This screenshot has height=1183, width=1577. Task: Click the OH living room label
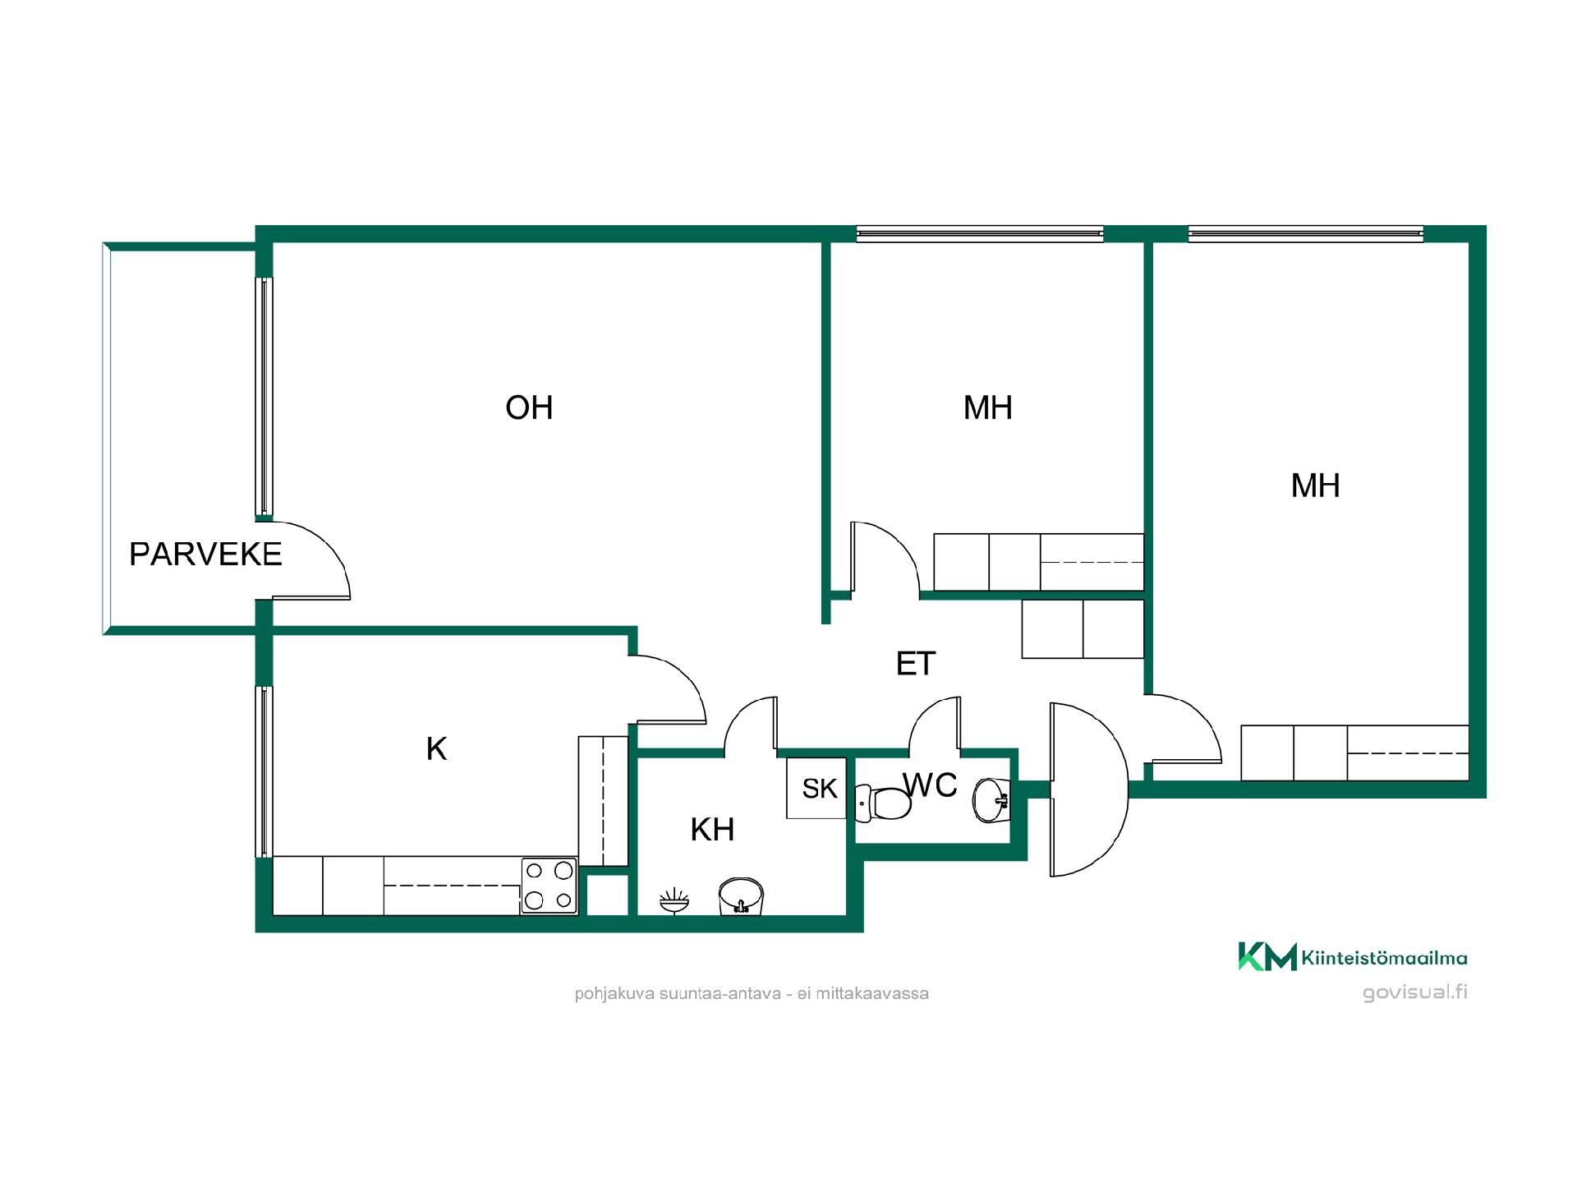pyautogui.click(x=529, y=407)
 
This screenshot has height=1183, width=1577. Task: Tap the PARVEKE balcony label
pyautogui.click(x=205, y=555)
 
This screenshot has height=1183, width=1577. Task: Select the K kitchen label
pyautogui.click(x=436, y=748)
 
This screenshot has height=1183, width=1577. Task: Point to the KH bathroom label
pyautogui.click(x=712, y=830)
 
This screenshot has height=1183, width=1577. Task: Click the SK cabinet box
pyautogui.click(x=816, y=788)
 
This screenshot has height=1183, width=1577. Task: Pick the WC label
pyautogui.click(x=931, y=785)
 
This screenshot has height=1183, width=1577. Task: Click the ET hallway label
pyautogui.click(x=916, y=664)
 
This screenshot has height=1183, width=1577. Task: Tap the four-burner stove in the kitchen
pyautogui.click(x=549, y=885)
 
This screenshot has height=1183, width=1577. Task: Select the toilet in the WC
pyautogui.click(x=883, y=803)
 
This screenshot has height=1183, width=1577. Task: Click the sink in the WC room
pyautogui.click(x=991, y=799)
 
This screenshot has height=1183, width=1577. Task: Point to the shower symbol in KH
pyautogui.click(x=674, y=901)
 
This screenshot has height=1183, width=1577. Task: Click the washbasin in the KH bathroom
pyautogui.click(x=741, y=896)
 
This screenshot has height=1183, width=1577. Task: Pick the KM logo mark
pyautogui.click(x=1267, y=956)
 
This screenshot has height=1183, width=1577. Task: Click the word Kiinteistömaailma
pyautogui.click(x=1385, y=958)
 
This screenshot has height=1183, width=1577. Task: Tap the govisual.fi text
pyautogui.click(x=1415, y=992)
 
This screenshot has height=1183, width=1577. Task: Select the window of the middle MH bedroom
pyautogui.click(x=980, y=234)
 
